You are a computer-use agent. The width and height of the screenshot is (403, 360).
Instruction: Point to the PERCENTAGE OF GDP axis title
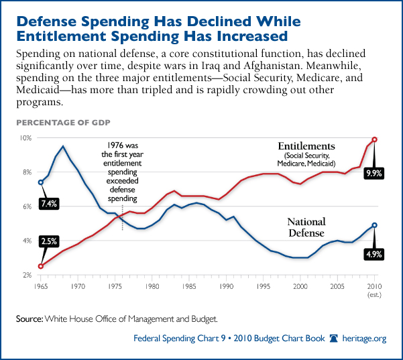63,123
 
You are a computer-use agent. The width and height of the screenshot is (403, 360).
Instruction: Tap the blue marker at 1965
41,182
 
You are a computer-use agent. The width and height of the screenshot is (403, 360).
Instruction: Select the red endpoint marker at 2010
375,139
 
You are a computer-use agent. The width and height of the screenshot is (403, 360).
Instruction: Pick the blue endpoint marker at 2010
375,225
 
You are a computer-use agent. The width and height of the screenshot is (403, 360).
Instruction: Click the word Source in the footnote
29,316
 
